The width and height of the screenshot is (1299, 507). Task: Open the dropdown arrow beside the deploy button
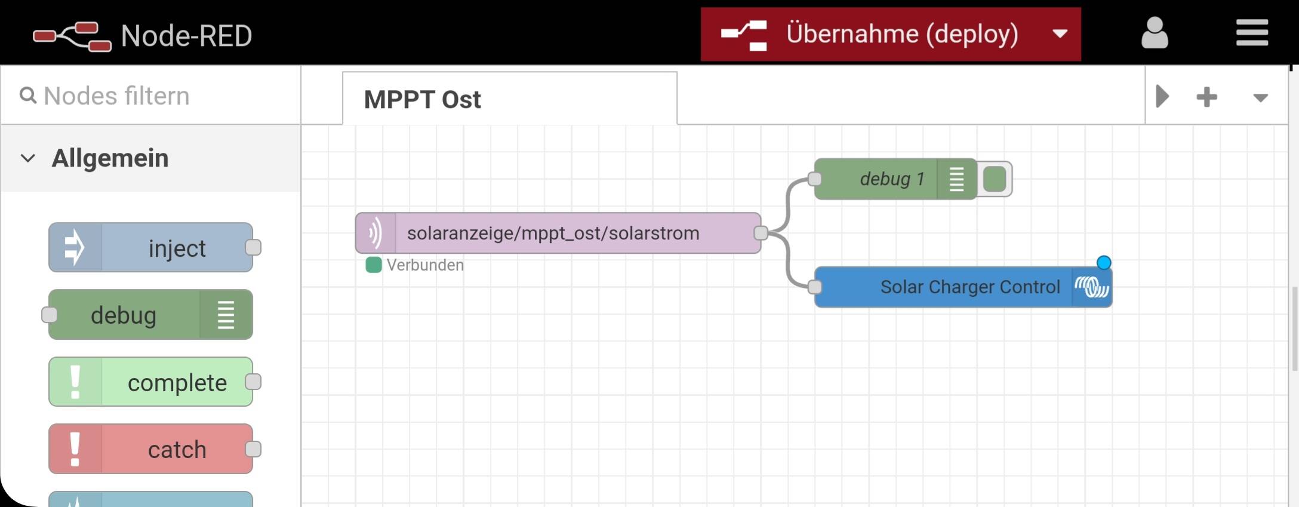pyautogui.click(x=1060, y=34)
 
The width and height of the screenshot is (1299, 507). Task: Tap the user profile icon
pyautogui.click(x=1155, y=33)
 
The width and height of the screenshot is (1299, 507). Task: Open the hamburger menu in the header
pyautogui.click(x=1252, y=33)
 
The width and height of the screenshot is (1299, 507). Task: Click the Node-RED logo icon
pyautogui.click(x=72, y=36)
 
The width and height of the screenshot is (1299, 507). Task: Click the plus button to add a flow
pyautogui.click(x=1206, y=97)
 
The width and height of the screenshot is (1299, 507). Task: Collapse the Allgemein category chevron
pyautogui.click(x=28, y=158)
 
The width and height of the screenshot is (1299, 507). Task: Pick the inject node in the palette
pyautogui.click(x=150, y=247)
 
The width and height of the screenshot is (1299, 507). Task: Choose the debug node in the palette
pyautogui.click(x=150, y=315)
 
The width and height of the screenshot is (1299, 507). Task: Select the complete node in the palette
pyautogui.click(x=150, y=382)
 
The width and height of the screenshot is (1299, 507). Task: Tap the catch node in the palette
pyautogui.click(x=150, y=449)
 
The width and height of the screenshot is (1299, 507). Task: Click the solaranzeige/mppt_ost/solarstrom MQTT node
pyautogui.click(x=558, y=233)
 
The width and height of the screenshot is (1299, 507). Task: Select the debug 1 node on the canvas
pyautogui.click(x=895, y=179)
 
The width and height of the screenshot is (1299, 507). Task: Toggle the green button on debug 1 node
pyautogui.click(x=995, y=179)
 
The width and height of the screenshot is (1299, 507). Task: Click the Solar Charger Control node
pyautogui.click(x=964, y=287)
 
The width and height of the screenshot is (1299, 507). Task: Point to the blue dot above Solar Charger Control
pyautogui.click(x=1104, y=263)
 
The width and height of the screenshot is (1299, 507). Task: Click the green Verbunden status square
pyautogui.click(x=374, y=265)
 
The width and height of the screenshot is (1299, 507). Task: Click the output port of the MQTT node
pyautogui.click(x=761, y=233)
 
